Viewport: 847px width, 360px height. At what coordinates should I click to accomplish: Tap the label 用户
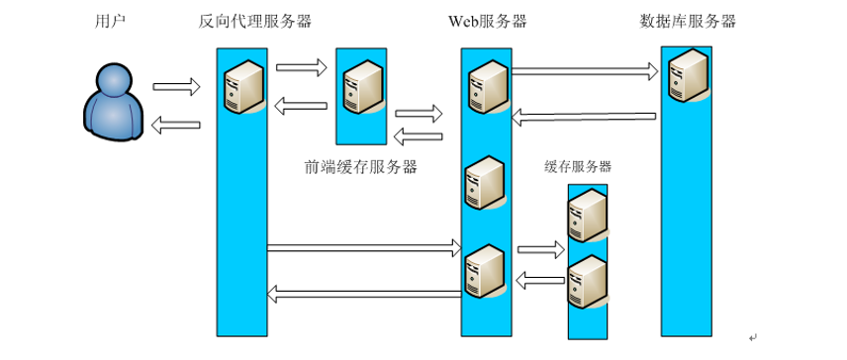(x=112, y=21)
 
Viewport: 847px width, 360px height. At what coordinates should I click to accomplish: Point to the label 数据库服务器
(x=688, y=21)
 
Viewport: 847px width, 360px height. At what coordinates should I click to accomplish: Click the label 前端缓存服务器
(x=361, y=167)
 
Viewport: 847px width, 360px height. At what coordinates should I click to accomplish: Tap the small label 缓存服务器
(x=578, y=166)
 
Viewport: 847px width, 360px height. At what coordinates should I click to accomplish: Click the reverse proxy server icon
(x=243, y=86)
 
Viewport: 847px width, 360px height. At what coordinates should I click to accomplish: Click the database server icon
(x=689, y=80)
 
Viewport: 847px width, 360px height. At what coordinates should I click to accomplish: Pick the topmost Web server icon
(x=487, y=87)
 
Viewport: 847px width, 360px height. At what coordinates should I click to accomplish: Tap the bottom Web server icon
(x=487, y=269)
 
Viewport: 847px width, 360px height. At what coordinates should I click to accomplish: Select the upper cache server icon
(x=586, y=217)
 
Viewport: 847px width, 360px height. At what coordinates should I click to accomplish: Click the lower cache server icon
(x=586, y=283)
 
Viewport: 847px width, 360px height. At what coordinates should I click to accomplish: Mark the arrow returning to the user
(x=177, y=125)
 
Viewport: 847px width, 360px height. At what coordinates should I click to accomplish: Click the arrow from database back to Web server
(x=584, y=118)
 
